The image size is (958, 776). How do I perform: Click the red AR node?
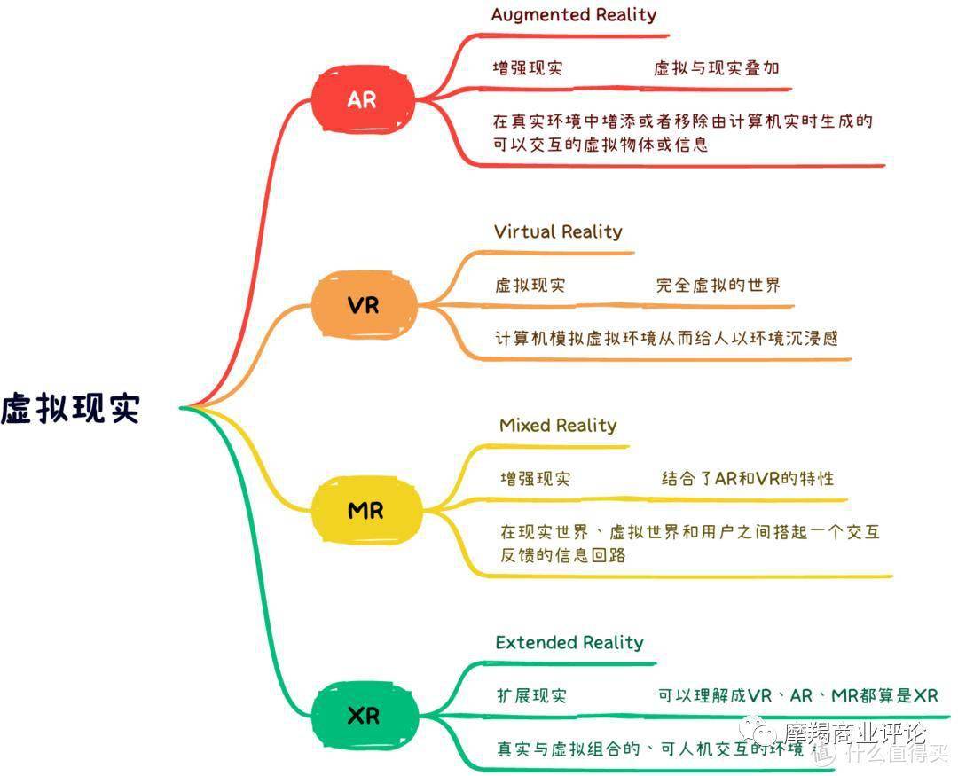[363, 99]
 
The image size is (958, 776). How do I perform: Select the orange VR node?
[364, 306]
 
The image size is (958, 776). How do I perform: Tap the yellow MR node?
[365, 511]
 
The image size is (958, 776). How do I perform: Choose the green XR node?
[364, 715]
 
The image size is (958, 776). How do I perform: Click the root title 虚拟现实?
[71, 409]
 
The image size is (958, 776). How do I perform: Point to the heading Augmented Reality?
[574, 14]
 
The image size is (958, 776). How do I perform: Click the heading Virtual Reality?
[558, 231]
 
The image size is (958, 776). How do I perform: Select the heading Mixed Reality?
[558, 425]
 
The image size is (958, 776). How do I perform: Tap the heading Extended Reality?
[569, 642]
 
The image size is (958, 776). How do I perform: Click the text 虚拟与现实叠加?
[717, 67]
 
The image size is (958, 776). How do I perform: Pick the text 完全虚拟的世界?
[718, 285]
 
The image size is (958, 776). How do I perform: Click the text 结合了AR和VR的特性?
[748, 478]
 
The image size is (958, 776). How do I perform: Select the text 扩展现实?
[531, 695]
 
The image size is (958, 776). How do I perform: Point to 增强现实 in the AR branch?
[528, 67]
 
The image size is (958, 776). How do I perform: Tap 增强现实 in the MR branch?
[535, 478]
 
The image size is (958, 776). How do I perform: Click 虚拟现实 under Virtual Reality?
[530, 285]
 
